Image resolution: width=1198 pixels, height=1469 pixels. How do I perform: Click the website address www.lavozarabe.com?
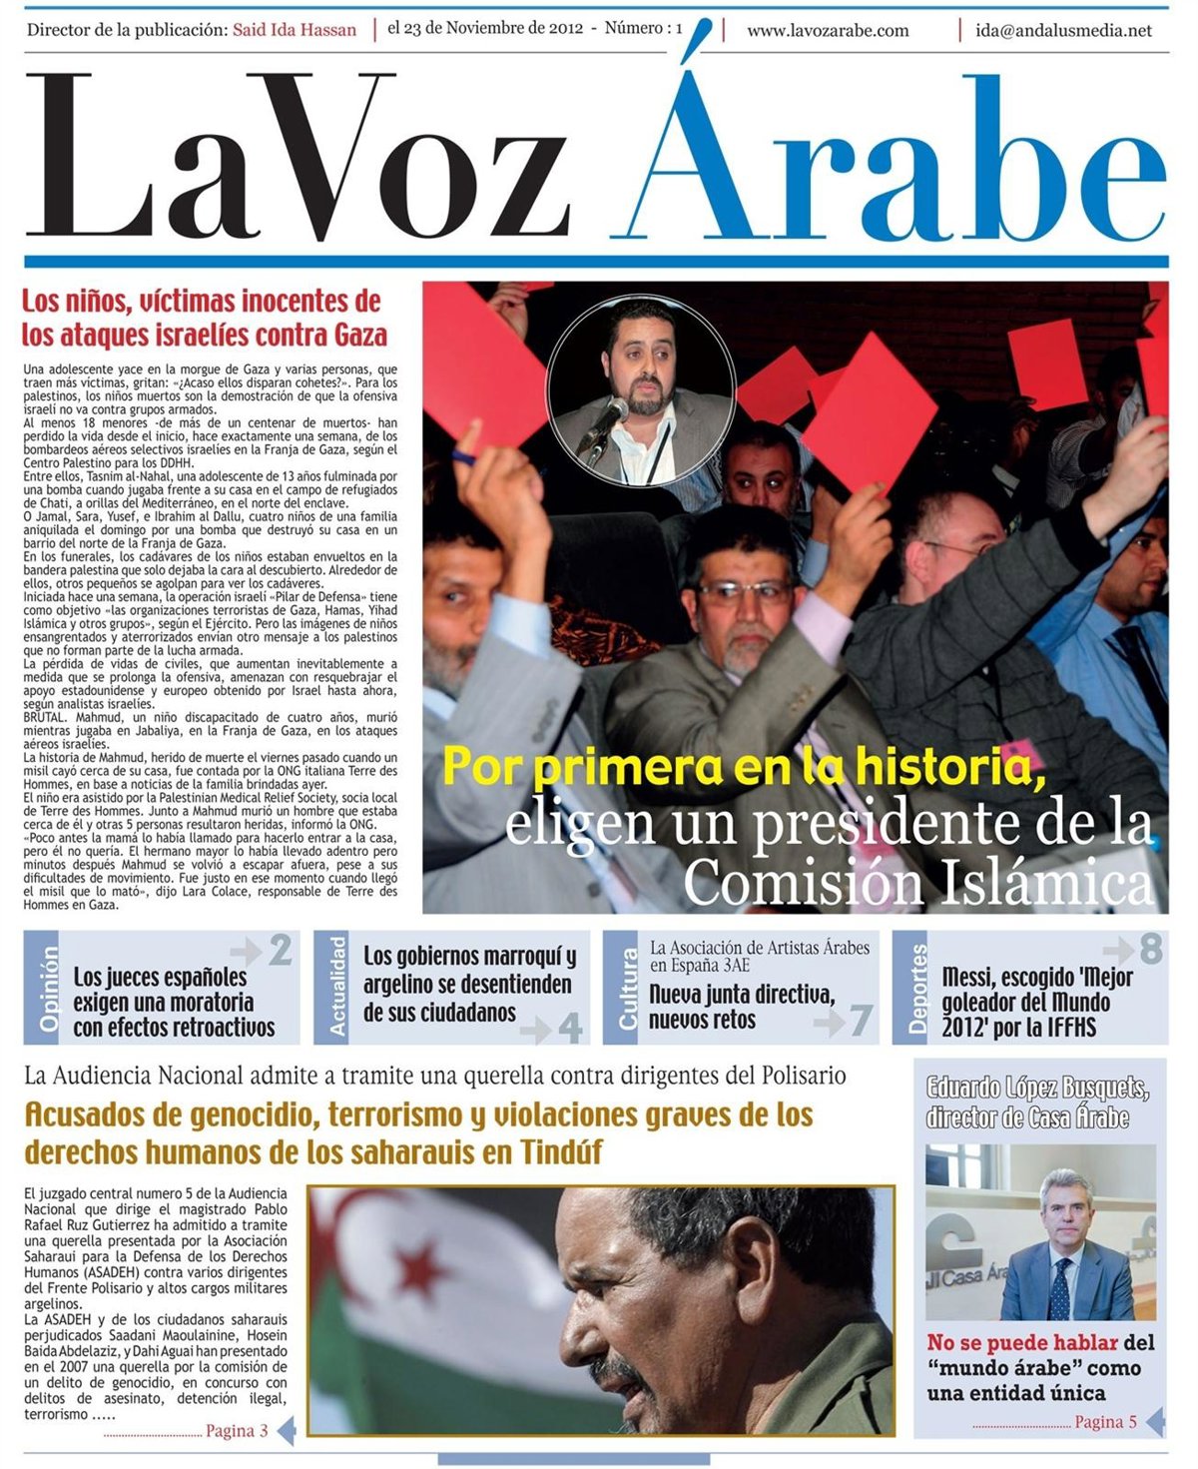pos(828,30)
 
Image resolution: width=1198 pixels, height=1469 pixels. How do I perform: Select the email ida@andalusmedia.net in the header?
pos(1063,30)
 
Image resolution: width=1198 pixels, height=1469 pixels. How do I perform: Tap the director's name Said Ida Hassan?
pos(294,30)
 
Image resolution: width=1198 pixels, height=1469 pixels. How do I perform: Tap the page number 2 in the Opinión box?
pos(281,950)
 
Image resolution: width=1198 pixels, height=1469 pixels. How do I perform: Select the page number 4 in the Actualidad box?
pos(570,1027)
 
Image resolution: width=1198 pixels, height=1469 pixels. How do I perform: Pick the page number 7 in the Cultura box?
pos(861,1021)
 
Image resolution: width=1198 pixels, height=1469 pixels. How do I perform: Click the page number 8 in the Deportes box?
pos(1151,949)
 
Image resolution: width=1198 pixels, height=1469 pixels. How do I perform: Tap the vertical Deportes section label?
pos(918,989)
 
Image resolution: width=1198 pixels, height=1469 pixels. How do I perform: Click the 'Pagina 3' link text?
pos(237,1431)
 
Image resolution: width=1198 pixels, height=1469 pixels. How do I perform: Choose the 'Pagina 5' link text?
pos(1105,1422)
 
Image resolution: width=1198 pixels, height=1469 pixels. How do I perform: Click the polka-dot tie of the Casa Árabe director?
pos(1060,1289)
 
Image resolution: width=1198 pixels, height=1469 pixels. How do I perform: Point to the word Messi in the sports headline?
pos(972,976)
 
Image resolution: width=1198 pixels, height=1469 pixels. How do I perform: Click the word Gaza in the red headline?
pos(360,334)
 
